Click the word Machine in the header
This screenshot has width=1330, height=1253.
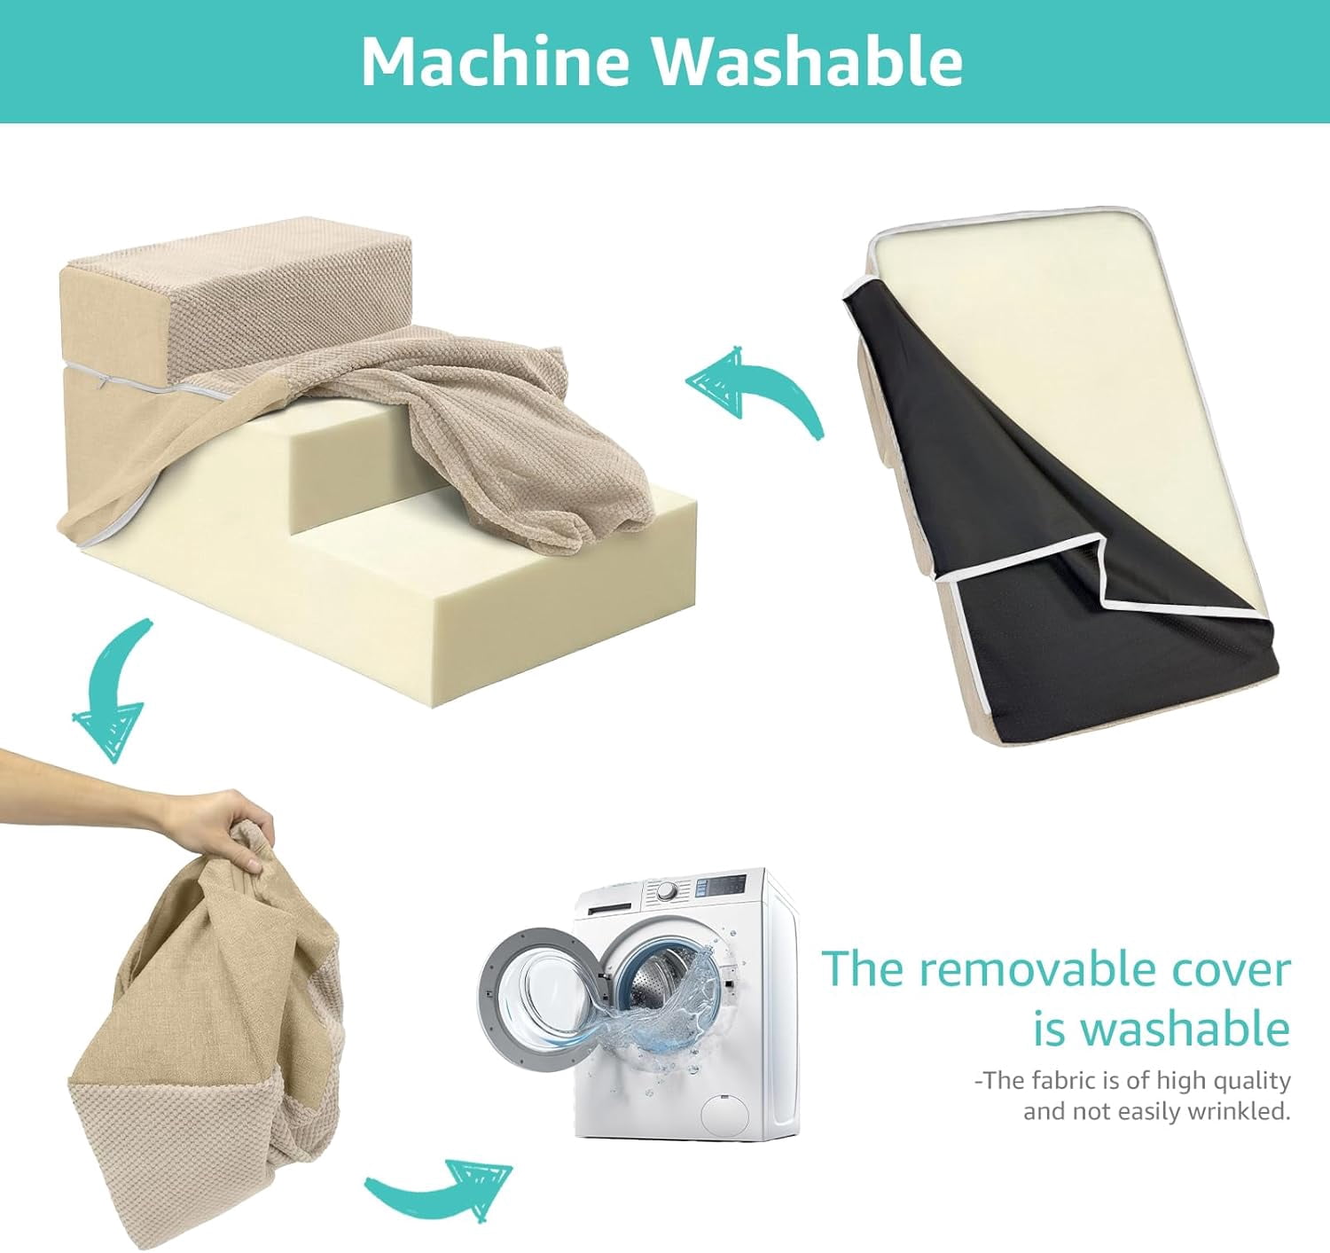496,61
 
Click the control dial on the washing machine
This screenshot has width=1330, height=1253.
667,892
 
